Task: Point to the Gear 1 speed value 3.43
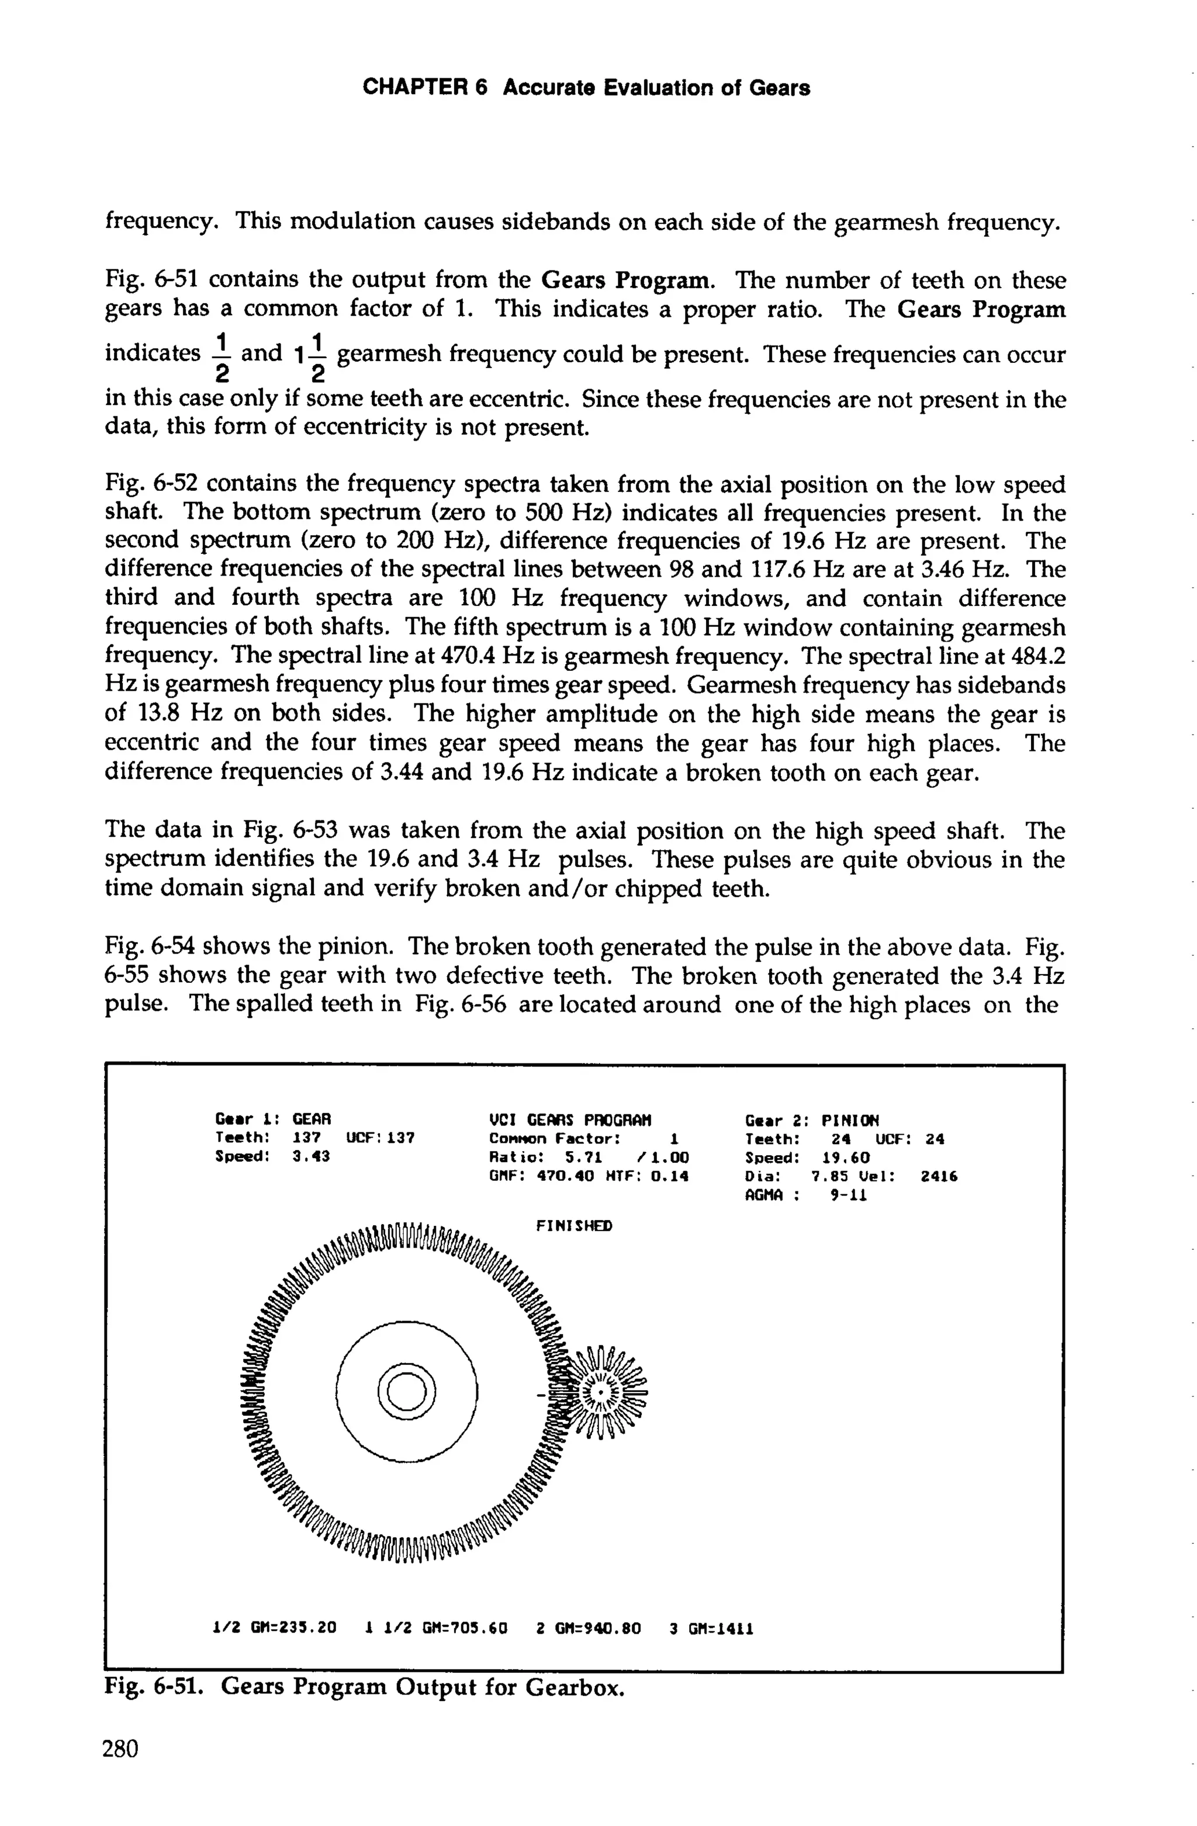(x=312, y=1157)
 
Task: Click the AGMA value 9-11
(x=849, y=1196)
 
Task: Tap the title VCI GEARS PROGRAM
(x=570, y=1120)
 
